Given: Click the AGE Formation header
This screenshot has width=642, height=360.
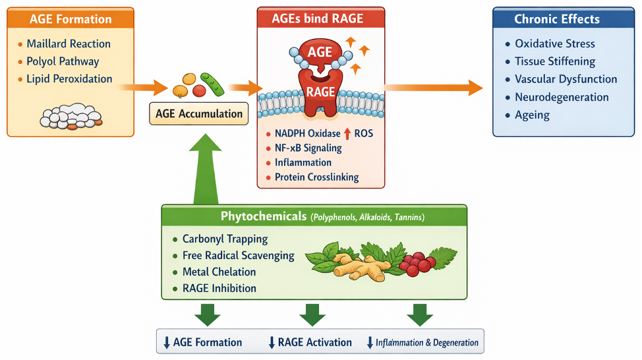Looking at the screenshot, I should click(71, 19).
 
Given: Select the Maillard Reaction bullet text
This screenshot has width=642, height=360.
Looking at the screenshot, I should click(69, 44).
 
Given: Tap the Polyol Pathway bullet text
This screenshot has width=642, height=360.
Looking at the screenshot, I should click(63, 62).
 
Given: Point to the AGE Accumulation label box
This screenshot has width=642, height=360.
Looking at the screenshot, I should click(199, 113).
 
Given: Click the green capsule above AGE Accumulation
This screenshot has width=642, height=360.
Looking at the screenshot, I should click(212, 84).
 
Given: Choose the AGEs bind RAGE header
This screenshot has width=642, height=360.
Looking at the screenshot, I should click(319, 19).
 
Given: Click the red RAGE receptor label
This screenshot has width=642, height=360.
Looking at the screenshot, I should click(320, 92).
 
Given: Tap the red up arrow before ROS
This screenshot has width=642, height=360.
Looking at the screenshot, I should click(347, 133).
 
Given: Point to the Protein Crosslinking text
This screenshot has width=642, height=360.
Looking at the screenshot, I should click(316, 177).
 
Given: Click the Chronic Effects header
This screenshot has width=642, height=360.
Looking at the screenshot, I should click(557, 19).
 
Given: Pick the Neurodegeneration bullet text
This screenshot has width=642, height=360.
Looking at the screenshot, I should click(562, 97).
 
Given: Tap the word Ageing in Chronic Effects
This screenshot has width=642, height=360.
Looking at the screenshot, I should click(532, 115).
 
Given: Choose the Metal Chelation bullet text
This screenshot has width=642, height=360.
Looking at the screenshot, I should click(219, 272).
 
